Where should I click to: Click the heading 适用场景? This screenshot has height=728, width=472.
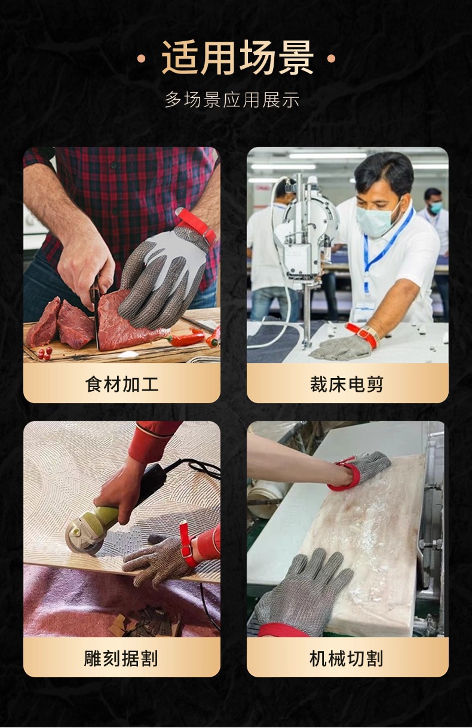click(x=237, y=59)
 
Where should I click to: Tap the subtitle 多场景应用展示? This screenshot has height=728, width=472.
click(x=232, y=100)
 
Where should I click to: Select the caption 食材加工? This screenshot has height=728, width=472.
click(x=122, y=384)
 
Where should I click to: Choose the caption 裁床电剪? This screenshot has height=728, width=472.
click(x=347, y=384)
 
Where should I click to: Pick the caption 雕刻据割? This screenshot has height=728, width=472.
click(x=121, y=658)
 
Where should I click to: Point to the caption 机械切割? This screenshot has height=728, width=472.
click(x=347, y=658)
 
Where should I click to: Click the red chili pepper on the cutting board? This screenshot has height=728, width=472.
click(x=187, y=339)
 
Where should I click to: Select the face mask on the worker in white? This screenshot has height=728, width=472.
click(x=376, y=220)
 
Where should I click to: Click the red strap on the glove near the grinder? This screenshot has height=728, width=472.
click(x=187, y=543)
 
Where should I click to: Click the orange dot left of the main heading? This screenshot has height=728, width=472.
click(x=142, y=59)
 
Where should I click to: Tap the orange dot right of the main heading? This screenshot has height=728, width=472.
click(x=332, y=59)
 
